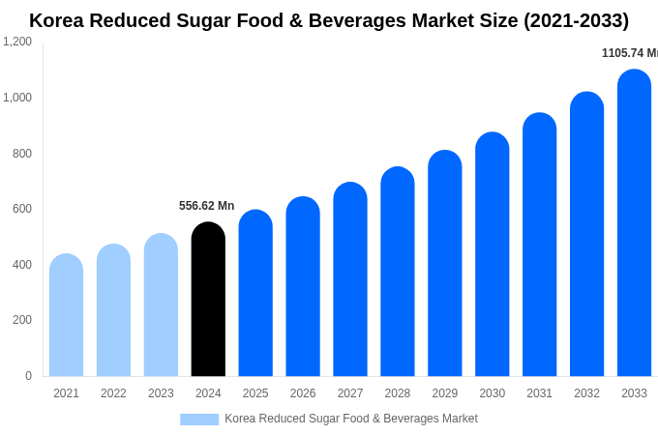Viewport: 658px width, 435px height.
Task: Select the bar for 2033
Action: pyautogui.click(x=634, y=223)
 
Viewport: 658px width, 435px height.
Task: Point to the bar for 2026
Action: pyautogui.click(x=303, y=287)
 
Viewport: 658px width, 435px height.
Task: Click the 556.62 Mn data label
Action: pyautogui.click(x=206, y=206)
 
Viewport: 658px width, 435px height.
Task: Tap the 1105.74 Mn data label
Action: pyautogui.click(x=629, y=53)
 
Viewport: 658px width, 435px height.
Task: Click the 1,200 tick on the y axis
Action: pyautogui.click(x=16, y=42)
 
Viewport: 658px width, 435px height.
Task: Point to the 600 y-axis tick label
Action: pyautogui.click(x=21, y=209)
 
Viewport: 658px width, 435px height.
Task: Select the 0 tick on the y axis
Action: pyautogui.click(x=28, y=376)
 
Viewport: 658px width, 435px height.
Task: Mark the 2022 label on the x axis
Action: pyautogui.click(x=113, y=393)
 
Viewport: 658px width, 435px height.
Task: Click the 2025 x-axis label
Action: pyautogui.click(x=255, y=393)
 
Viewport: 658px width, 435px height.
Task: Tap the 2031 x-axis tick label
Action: pyautogui.click(x=539, y=393)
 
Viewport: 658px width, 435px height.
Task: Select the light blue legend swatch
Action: pyautogui.click(x=199, y=420)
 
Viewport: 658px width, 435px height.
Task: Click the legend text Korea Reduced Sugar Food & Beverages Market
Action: pyautogui.click(x=351, y=419)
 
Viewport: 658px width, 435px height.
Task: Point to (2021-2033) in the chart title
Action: pyautogui.click(x=576, y=20)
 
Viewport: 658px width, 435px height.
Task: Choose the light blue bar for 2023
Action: pyautogui.click(x=161, y=305)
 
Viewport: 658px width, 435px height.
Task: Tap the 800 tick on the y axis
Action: pyautogui.click(x=21, y=154)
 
